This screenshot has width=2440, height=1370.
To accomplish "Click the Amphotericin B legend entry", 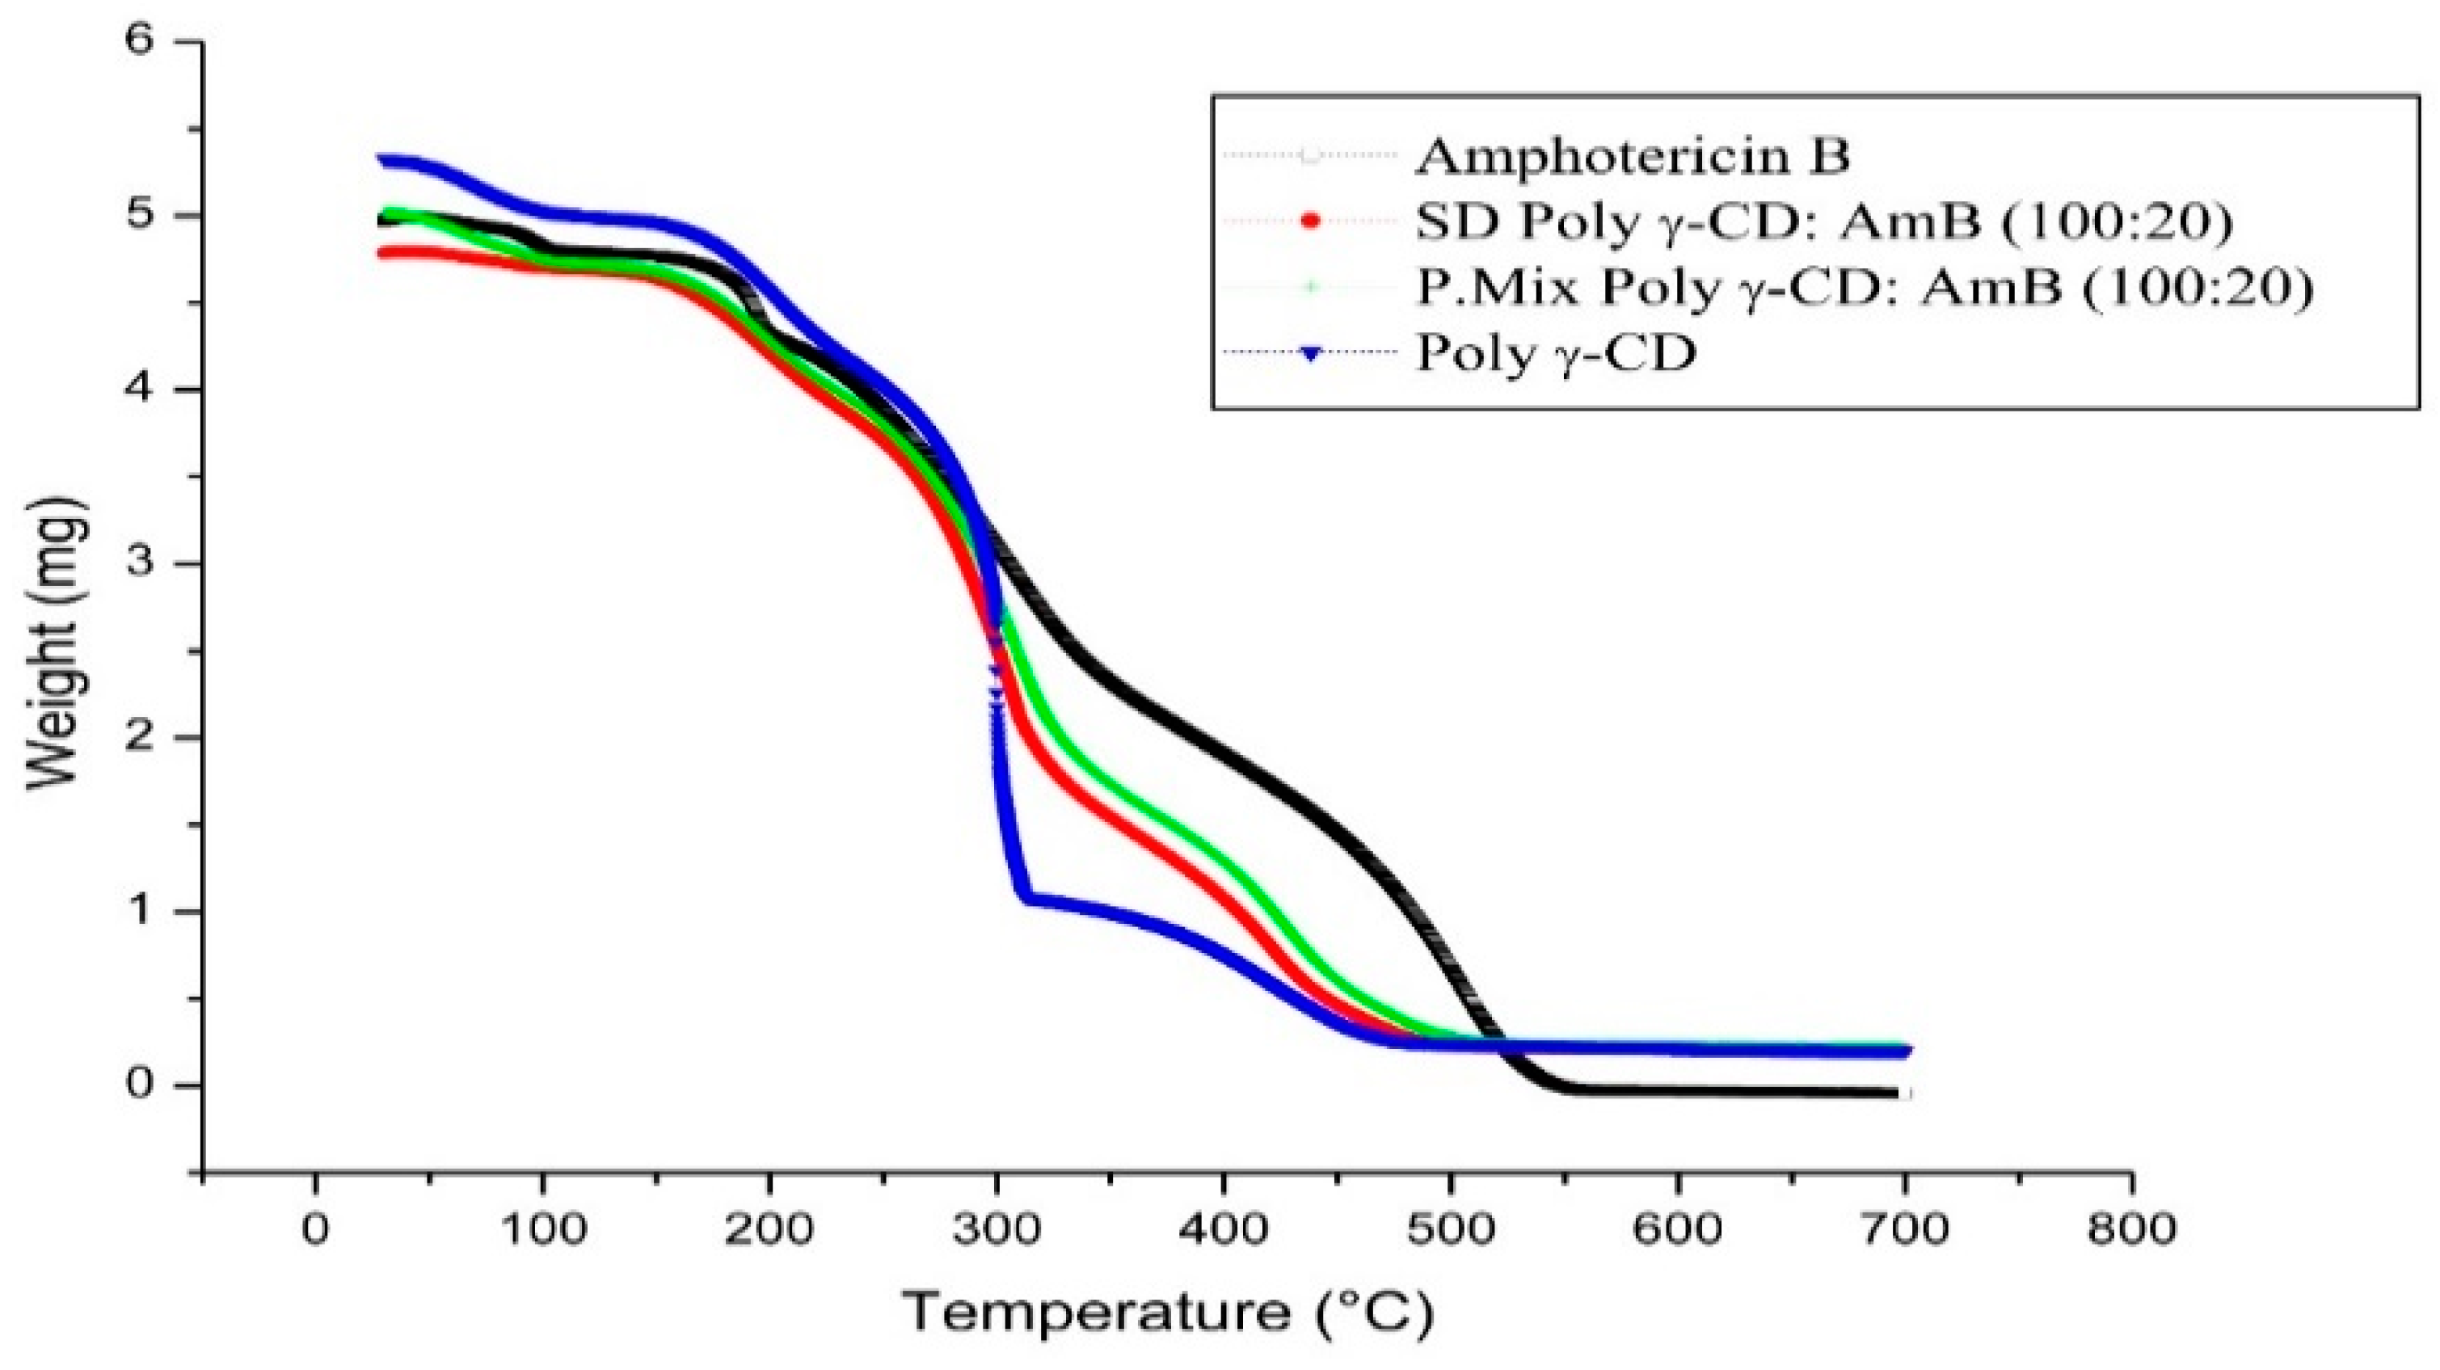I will pyautogui.click(x=1631, y=156).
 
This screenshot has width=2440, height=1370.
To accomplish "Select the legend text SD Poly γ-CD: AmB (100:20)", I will pyautogui.click(x=1823, y=221).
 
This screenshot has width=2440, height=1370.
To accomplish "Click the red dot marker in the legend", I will pyautogui.click(x=1311, y=221).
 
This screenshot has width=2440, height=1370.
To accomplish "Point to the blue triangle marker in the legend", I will pyautogui.click(x=1311, y=353).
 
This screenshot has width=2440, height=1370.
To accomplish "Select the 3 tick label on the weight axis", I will pyautogui.click(x=142, y=563).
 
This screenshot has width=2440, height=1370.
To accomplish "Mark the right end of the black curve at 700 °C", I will pyautogui.click(x=1902, y=1094).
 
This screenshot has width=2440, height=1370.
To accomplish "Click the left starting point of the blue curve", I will pyautogui.click(x=381, y=160).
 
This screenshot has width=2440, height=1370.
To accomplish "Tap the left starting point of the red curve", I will pyautogui.click(x=381, y=253).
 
